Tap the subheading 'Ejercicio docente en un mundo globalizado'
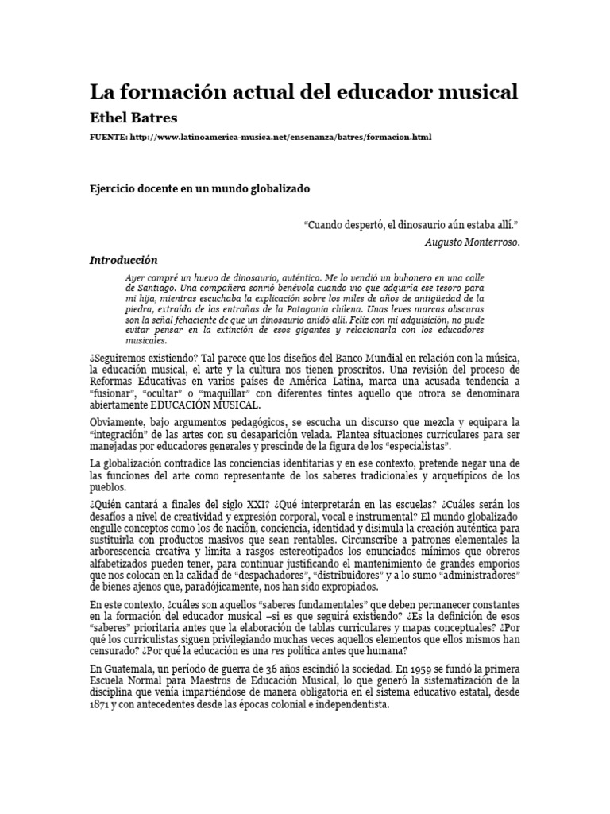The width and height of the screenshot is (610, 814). pyautogui.click(x=199, y=189)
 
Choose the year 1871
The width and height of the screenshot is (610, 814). pyautogui.click(x=100, y=704)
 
